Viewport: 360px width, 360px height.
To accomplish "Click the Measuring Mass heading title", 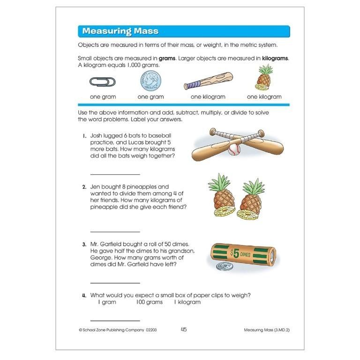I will pyautogui.click(x=120, y=31).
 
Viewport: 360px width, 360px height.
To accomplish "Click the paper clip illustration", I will pyautogui.click(x=102, y=82).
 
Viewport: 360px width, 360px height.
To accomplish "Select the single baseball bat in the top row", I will pyautogui.click(x=208, y=81).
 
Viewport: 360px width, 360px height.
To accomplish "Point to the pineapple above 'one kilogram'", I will pyautogui.click(x=264, y=78).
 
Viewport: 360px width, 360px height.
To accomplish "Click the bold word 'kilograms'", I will pyautogui.click(x=274, y=59).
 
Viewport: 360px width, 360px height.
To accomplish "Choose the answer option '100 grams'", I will pyautogui.click(x=149, y=302).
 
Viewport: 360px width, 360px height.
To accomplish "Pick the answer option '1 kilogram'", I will pyautogui.click(x=187, y=302).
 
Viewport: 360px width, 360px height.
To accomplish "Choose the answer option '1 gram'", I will pyautogui.click(x=107, y=302).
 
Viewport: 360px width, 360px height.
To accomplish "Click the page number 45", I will pyautogui.click(x=184, y=330).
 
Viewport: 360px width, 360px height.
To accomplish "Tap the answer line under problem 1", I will pyautogui.click(x=115, y=174).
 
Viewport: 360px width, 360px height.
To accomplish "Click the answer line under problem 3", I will pyautogui.click(x=115, y=283).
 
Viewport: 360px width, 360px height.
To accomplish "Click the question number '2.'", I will pyautogui.click(x=84, y=187).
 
